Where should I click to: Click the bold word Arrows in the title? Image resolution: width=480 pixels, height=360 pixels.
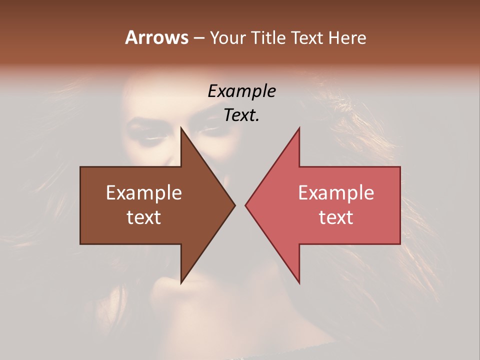click(156, 37)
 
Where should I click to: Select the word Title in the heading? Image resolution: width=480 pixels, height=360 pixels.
click(268, 37)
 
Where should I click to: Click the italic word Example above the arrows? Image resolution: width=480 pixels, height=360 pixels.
click(241, 91)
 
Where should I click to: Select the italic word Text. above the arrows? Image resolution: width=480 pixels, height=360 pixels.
click(241, 115)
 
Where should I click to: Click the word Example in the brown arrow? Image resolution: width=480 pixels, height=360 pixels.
click(143, 192)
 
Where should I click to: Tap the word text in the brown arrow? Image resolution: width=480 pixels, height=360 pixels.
click(143, 217)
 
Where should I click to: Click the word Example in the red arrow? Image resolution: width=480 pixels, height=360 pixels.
click(336, 192)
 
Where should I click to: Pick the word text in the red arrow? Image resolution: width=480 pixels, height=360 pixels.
click(336, 217)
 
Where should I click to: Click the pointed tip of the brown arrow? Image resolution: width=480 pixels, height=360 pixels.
click(234, 205)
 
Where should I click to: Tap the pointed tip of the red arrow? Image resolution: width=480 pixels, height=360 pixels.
click(245, 205)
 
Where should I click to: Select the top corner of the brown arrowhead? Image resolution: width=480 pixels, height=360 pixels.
click(181, 128)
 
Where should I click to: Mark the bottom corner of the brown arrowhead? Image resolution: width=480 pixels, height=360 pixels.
click(181, 283)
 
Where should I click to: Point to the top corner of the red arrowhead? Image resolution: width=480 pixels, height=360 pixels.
click(299, 128)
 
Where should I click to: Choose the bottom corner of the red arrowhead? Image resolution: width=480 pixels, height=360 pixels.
click(299, 283)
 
